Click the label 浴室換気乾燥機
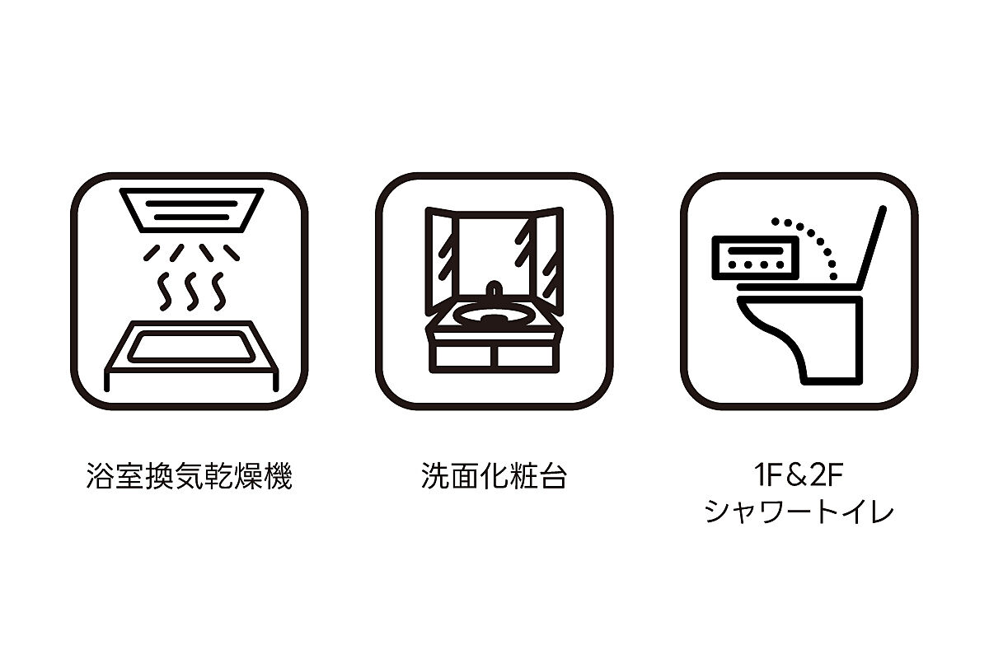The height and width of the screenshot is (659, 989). [x=189, y=477]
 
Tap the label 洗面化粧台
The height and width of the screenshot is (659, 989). [x=494, y=476]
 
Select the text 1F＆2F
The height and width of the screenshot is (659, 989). [x=799, y=475]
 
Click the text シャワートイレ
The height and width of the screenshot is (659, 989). [x=799, y=512]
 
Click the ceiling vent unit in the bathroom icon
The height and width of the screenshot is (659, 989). [x=191, y=210]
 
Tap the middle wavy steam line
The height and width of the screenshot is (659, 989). [x=191, y=292]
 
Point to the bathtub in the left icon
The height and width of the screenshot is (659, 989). [x=191, y=356]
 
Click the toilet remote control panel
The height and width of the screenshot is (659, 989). [x=756, y=258]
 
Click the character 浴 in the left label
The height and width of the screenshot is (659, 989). [x=100, y=477]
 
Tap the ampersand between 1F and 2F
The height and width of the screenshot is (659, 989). [x=799, y=475]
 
